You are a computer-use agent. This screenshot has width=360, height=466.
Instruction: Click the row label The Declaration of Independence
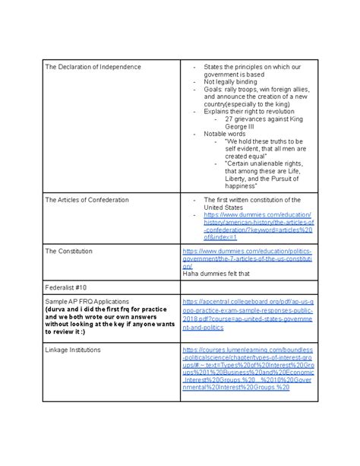point(93,67)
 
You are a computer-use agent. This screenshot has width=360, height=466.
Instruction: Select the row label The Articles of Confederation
point(87,199)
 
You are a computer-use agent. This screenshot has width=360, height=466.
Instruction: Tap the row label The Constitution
point(68,251)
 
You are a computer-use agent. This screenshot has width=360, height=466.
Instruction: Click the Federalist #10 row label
point(66,288)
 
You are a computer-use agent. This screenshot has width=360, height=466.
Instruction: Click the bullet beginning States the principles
point(258,71)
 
